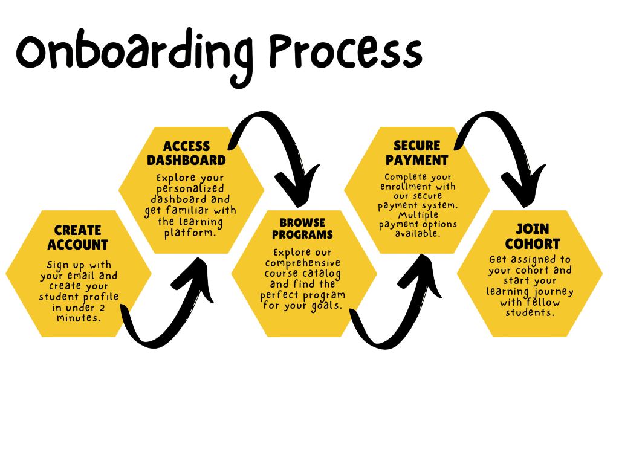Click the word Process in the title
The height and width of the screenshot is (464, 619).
[x=346, y=52]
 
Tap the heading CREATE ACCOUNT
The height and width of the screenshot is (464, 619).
[x=77, y=237]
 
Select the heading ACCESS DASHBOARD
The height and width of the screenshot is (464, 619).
[x=186, y=153]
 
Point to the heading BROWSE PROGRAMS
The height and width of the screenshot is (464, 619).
[x=302, y=228]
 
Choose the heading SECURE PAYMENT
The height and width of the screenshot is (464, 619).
[x=416, y=153]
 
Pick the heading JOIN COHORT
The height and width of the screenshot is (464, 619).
[x=533, y=237]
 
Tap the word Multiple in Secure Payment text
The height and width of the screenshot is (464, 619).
[x=418, y=215]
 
